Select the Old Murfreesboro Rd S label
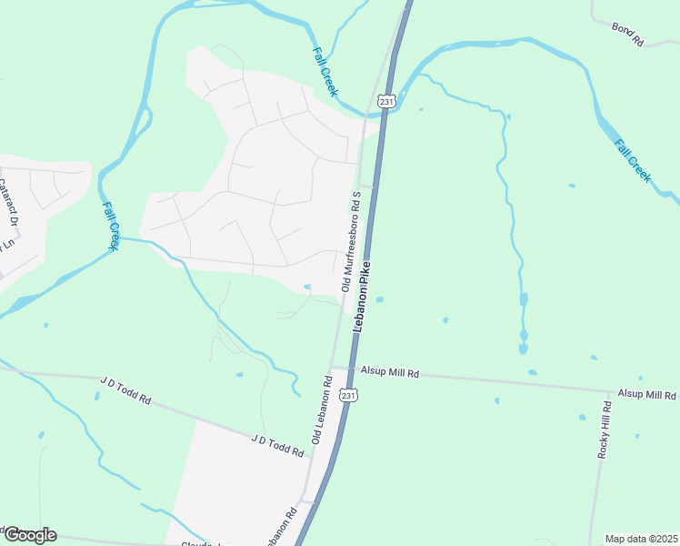(x=352, y=241)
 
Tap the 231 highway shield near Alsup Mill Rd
(x=349, y=395)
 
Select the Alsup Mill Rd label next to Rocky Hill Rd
(x=647, y=394)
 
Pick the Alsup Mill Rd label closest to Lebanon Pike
(x=389, y=373)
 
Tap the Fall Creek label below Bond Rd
(x=632, y=160)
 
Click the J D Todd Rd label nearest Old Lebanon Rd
(x=276, y=446)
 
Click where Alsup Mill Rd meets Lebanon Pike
(x=351, y=369)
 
